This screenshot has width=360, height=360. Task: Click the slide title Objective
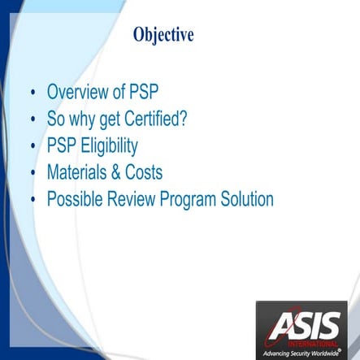[163, 35]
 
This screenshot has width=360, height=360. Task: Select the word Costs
[143, 172]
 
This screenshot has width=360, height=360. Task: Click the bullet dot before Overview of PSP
[33, 93]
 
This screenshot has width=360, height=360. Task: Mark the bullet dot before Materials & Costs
[33, 174]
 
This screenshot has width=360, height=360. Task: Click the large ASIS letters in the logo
[307, 327]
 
